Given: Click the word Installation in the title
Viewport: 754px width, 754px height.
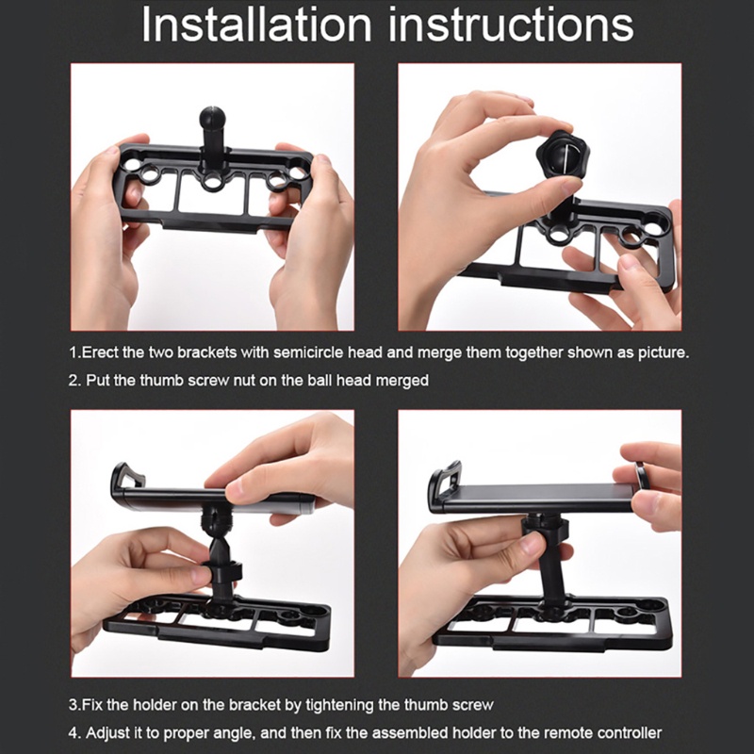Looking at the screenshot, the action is (256, 25).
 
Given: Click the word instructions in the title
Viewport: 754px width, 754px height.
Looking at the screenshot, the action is (511, 25).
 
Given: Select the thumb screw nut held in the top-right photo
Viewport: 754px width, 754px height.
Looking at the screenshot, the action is (562, 157).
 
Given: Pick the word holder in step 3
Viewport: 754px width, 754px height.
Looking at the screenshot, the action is (153, 705).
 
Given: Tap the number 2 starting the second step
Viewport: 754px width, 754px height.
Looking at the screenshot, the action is (74, 381).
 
